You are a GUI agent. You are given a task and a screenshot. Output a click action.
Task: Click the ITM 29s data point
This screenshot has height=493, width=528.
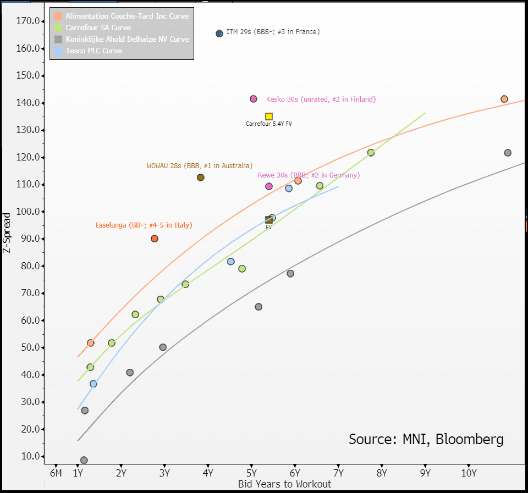(219, 34)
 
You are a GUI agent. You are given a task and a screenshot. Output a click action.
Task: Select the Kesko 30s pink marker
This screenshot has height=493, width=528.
(254, 99)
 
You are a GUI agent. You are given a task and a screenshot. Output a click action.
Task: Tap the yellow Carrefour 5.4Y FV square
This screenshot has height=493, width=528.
(269, 117)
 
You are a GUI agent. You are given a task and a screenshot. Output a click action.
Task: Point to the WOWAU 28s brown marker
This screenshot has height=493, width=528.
(201, 178)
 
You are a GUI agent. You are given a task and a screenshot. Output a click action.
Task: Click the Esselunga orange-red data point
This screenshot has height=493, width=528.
(155, 239)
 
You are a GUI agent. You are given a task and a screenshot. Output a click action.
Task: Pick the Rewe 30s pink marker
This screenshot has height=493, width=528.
(269, 186)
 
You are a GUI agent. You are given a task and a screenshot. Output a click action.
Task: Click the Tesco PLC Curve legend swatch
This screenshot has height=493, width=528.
(59, 51)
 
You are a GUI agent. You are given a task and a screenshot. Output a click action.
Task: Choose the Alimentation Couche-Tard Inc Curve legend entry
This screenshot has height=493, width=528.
(127, 16)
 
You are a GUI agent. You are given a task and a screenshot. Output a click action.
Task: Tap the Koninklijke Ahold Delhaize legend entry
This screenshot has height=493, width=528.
(127, 39)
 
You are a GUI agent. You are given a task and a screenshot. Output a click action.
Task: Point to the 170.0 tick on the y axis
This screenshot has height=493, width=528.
(28, 21)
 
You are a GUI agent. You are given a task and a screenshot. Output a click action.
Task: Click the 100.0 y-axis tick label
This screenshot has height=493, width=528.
(28, 212)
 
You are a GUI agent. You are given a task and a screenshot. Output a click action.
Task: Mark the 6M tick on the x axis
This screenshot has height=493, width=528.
(56, 473)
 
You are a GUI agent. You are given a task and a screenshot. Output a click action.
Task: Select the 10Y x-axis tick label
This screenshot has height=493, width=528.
(469, 473)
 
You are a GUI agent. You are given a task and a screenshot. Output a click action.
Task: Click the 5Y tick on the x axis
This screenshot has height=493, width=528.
(251, 473)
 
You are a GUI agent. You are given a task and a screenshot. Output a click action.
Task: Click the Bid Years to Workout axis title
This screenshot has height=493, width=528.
(284, 484)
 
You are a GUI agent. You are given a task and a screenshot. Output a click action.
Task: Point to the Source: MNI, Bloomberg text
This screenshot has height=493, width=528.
(426, 439)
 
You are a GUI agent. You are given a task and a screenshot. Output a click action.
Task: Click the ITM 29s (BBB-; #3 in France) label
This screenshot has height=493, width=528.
(273, 32)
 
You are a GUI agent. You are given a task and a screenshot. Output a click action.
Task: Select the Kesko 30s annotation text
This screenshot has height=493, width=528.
(321, 99)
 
